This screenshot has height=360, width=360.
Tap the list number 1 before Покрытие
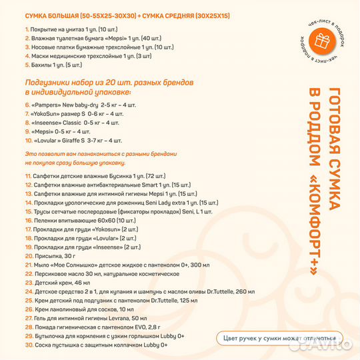pyautogui.click(x=27, y=30)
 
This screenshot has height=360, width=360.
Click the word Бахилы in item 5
pyautogui.click(x=41, y=65)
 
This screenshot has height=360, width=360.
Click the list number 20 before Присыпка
pyautogui.click(x=29, y=255)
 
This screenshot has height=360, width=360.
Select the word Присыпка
pyautogui.click(x=47, y=255)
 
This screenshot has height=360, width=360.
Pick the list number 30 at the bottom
pyautogui.click(x=29, y=345)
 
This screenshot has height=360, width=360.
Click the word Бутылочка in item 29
pyautogui.click(x=49, y=336)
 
